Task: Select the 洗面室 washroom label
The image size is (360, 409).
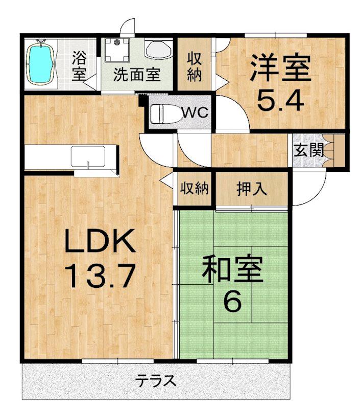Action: click(137, 75)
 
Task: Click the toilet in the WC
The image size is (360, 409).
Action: click(164, 112)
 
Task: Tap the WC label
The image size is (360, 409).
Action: click(196, 112)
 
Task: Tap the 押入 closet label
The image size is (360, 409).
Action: click(252, 189)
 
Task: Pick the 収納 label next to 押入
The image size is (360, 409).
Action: click(194, 189)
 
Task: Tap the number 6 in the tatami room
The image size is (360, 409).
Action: click(232, 303)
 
